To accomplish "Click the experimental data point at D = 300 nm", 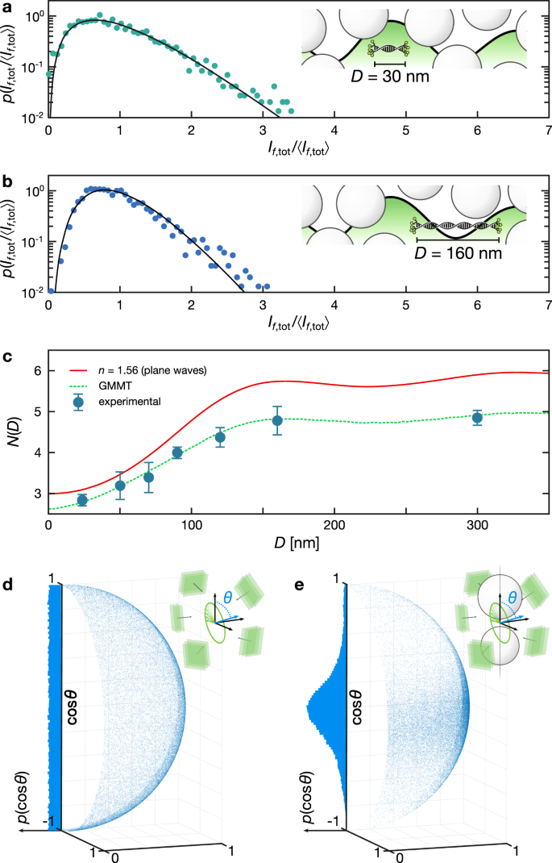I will tap(477, 418).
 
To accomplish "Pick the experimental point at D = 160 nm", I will tap(277, 420).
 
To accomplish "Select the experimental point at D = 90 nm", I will tap(177, 452).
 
